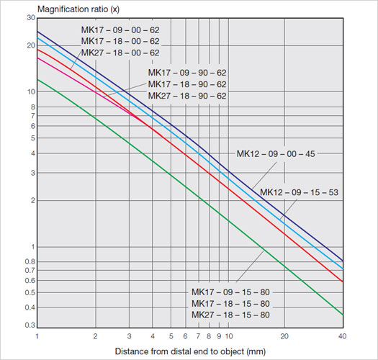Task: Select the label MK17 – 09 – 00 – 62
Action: pyautogui.click(x=120, y=30)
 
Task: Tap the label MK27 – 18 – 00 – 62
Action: pyautogui.click(x=120, y=53)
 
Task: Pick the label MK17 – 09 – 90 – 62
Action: pyautogui.click(x=187, y=73)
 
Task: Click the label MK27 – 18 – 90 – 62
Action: pyautogui.click(x=187, y=96)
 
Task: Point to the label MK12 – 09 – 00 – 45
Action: pyautogui.click(x=276, y=153)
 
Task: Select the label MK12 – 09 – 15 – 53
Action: pyautogui.click(x=299, y=192)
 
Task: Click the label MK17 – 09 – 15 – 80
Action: pyautogui.click(x=230, y=292)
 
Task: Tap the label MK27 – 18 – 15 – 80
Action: pyautogui.click(x=230, y=315)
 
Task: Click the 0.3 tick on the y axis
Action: pyautogui.click(x=30, y=325)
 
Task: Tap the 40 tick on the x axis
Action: pyautogui.click(x=342, y=336)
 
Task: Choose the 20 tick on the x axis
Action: pyautogui.click(x=284, y=336)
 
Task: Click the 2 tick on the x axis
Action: pyautogui.click(x=95, y=336)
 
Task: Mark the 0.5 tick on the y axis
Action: pyautogui.click(x=30, y=292)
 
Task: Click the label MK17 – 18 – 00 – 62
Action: pyautogui.click(x=120, y=42)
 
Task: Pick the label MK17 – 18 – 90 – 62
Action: pyautogui.click(x=187, y=85)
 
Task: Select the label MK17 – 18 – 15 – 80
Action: pyautogui.click(x=230, y=304)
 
